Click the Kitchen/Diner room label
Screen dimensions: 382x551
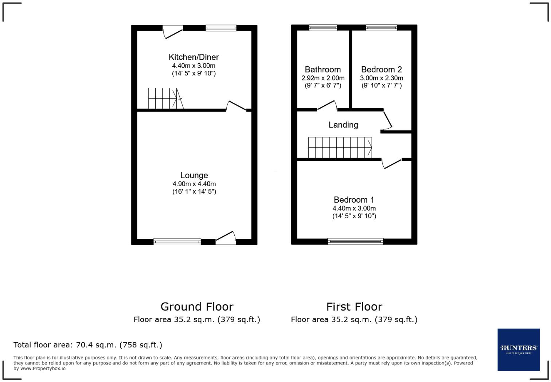click(194, 57)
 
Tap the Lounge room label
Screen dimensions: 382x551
click(194, 175)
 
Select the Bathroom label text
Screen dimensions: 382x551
click(323, 70)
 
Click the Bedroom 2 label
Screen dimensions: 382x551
click(381, 70)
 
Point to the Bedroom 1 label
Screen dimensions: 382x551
click(354, 200)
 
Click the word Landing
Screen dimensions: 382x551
click(343, 125)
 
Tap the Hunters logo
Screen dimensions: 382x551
click(518, 350)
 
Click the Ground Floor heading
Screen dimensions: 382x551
click(197, 307)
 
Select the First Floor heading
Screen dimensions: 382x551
click(354, 307)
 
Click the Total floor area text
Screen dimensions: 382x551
click(88, 345)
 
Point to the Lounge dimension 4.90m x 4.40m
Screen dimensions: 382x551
click(194, 184)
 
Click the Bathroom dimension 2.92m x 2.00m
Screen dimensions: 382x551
click(323, 78)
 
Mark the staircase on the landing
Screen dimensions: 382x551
click(340, 148)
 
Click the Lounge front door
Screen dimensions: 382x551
click(226, 238)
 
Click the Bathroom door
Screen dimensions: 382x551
click(327, 105)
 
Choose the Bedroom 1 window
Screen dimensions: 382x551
click(355, 241)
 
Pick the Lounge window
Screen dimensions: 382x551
click(177, 241)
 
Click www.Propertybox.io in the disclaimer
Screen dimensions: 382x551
click(43, 369)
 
